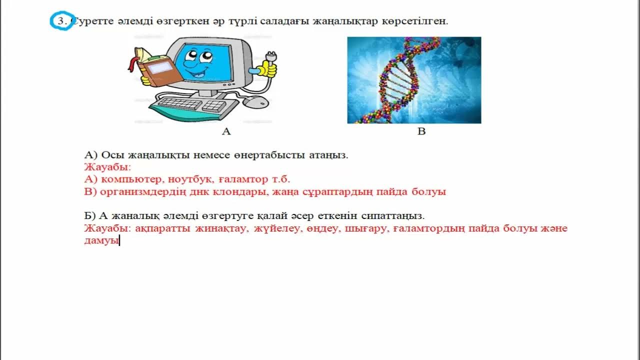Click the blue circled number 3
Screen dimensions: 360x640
pyautogui.click(x=62, y=22)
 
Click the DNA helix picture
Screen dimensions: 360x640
pyautogui.click(x=414, y=80)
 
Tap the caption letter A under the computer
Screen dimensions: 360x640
pyautogui.click(x=226, y=131)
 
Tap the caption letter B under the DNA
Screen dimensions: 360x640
pyautogui.click(x=421, y=131)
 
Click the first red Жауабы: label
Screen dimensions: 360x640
pyautogui.click(x=107, y=167)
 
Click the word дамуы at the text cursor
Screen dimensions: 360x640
pyautogui.click(x=101, y=241)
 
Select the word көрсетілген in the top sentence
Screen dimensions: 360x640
pyautogui.click(x=419, y=21)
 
